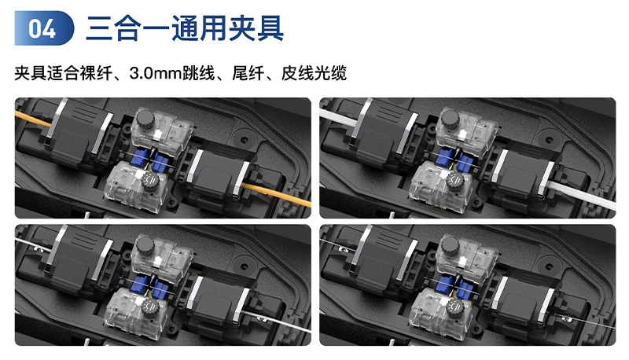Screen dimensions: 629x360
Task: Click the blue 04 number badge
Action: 44,28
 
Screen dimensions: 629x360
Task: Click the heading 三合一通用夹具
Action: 185,28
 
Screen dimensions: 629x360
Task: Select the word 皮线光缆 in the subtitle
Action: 314,73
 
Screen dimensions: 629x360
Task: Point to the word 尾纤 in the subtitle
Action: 248,73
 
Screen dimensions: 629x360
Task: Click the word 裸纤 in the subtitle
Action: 96,73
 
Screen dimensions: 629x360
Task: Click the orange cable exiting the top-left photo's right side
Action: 276,193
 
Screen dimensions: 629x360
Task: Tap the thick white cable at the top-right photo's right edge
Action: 583,195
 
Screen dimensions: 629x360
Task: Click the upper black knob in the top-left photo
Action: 145,119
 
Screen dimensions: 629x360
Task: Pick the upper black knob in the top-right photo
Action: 450,119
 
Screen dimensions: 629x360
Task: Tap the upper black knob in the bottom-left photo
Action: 145,246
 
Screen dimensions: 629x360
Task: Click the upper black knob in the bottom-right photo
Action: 450,246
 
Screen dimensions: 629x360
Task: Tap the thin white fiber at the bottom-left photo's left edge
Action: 33,244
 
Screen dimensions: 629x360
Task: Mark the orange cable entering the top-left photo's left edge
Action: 33,119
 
